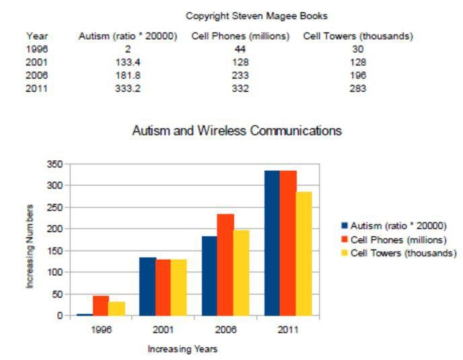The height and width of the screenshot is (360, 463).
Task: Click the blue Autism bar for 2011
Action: pyautogui.click(x=272, y=242)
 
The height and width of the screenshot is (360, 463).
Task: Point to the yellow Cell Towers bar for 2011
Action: pyautogui.click(x=304, y=253)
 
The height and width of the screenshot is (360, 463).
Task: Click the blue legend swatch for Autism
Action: pyautogui.click(x=345, y=226)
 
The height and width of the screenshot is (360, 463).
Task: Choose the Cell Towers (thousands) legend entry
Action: pyautogui.click(x=402, y=252)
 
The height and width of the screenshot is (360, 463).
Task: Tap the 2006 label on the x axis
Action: pyautogui.click(x=225, y=330)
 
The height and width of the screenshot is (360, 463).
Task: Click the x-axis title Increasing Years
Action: pyautogui.click(x=182, y=349)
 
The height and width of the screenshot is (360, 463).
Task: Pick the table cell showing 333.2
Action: pyautogui.click(x=128, y=89)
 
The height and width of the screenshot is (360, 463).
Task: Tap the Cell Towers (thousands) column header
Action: pyautogui.click(x=358, y=36)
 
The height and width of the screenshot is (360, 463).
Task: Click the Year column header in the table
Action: pyautogui.click(x=37, y=36)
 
